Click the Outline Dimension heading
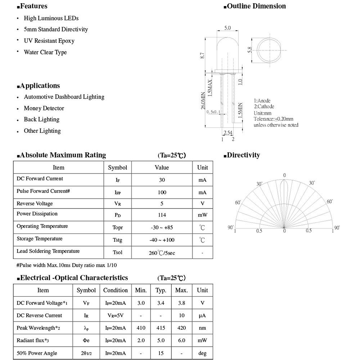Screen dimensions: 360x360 [256, 6]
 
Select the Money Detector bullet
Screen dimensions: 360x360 [44, 108]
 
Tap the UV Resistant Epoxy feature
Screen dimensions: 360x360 [49, 41]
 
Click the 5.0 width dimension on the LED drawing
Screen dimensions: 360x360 [228, 28]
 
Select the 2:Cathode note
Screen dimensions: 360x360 [264, 107]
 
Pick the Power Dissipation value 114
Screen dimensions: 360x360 [162, 215]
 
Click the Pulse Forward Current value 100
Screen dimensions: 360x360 [162, 193]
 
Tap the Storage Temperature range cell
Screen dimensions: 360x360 [162, 240]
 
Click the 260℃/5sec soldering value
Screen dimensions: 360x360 [162, 253]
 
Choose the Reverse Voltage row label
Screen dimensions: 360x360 [35, 204]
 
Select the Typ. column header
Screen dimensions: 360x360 [161, 291]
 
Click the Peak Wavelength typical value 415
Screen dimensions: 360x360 [161, 328]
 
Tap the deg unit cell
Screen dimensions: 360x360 [202, 353]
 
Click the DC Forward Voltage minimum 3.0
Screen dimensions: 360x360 [141, 303]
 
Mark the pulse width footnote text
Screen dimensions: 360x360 [67, 265]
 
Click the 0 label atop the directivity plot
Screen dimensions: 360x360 [284, 175]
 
